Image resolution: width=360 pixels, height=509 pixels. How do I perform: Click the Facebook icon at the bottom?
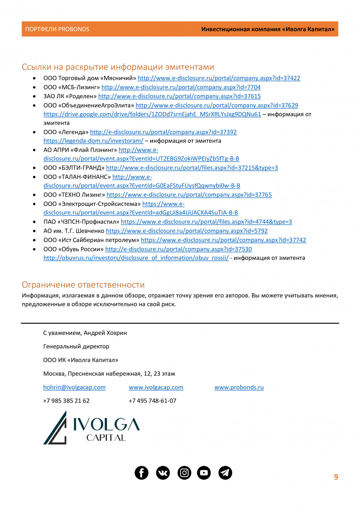[141, 473]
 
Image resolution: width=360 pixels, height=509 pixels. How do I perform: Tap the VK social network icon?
[163, 473]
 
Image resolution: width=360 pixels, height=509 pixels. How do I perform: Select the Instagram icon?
[184, 473]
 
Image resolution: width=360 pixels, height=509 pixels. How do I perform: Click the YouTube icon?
[204, 473]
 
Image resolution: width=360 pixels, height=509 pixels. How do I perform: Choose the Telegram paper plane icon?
[225, 473]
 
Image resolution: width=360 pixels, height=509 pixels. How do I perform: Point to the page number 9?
[336, 477]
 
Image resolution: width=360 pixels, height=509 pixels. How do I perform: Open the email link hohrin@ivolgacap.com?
[74, 387]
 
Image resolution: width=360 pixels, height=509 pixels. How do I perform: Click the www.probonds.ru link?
[239, 387]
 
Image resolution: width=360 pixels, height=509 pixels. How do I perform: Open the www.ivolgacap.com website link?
[156, 387]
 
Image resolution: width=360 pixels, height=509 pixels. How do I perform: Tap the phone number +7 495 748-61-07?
[152, 401]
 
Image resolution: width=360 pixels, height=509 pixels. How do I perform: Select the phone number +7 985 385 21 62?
[66, 401]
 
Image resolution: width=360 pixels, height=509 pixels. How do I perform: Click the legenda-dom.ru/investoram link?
[93, 141]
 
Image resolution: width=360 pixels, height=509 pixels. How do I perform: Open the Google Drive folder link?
[152, 114]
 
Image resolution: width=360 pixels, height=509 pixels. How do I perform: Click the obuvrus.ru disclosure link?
[136, 258]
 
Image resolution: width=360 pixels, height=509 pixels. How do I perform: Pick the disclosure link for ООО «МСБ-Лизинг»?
[181, 87]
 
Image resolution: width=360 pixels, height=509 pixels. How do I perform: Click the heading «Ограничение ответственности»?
[83, 285]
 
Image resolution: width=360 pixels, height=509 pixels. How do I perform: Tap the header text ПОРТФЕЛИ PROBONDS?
[57, 29]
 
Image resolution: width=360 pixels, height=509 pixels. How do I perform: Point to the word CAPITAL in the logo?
[106, 438]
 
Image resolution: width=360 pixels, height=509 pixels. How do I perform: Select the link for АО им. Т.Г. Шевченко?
[187, 231]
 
